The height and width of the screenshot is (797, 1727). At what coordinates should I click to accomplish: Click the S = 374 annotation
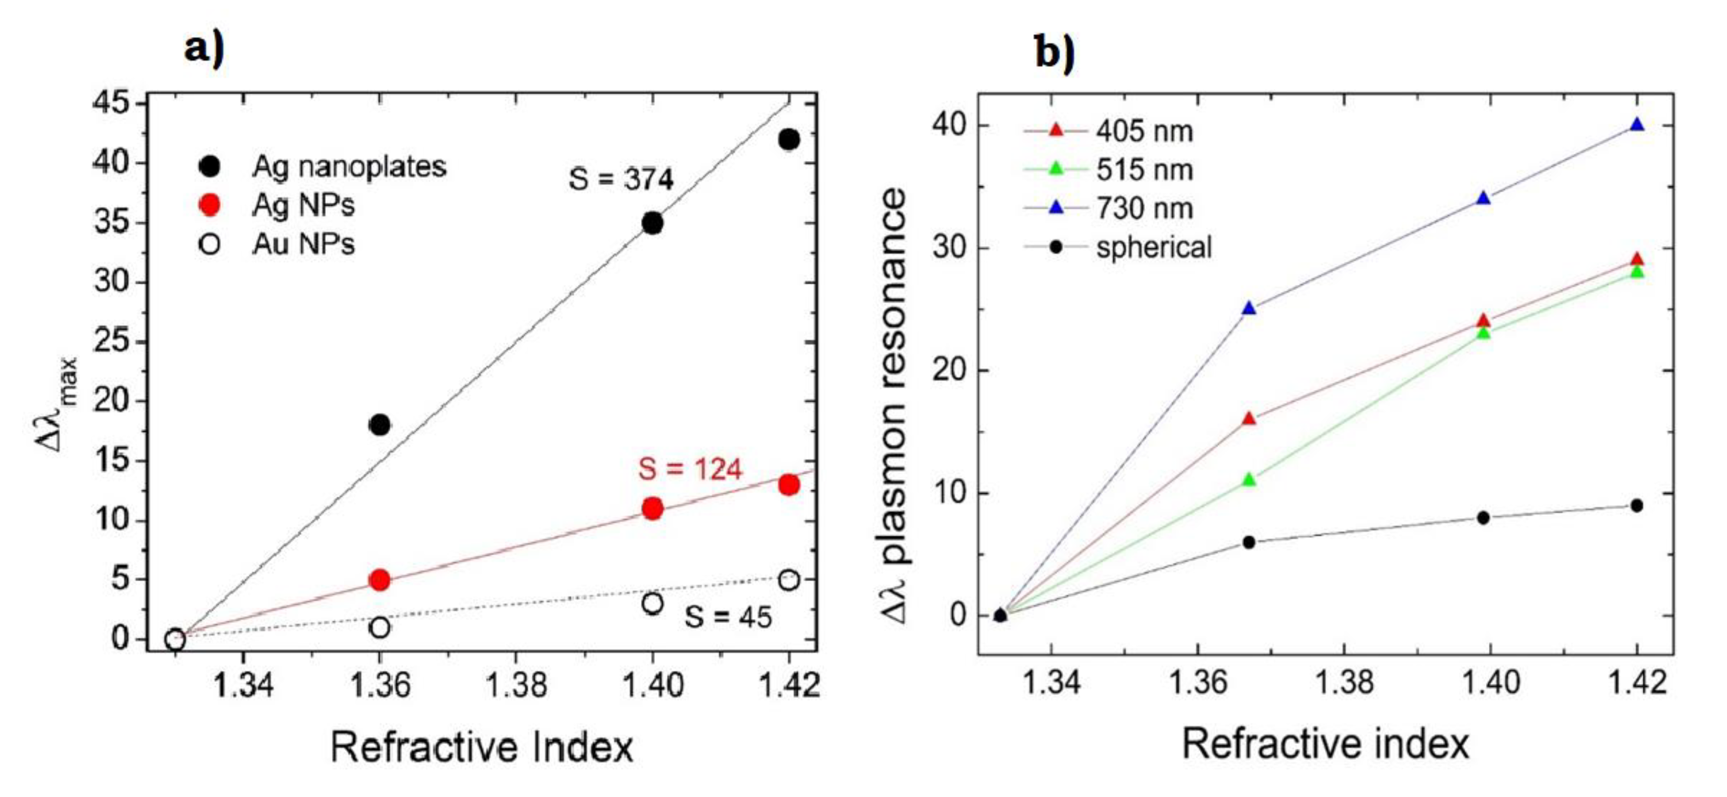coord(621,179)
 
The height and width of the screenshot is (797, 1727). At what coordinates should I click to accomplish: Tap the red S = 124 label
coord(690,469)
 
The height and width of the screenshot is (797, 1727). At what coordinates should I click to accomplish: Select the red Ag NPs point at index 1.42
coord(789,485)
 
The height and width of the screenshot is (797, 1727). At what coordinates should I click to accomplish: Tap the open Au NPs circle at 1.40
coord(652,603)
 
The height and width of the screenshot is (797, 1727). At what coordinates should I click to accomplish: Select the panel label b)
coord(1055,52)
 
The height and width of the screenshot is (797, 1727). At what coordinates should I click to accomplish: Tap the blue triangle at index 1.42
coord(1637,125)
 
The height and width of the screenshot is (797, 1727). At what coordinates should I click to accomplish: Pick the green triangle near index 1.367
coord(1248,480)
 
